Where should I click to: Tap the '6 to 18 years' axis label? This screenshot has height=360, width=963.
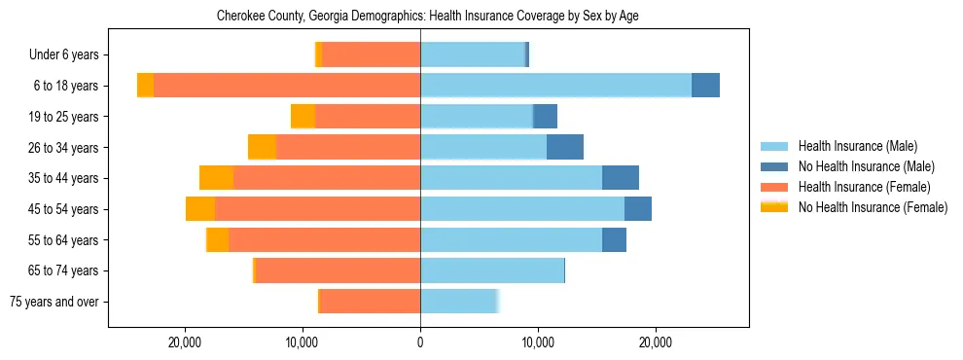[64, 86]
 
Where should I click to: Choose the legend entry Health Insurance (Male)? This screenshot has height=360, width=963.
[857, 147]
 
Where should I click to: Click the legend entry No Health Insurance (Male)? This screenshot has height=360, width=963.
[866, 166]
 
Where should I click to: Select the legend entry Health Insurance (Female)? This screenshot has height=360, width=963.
[864, 187]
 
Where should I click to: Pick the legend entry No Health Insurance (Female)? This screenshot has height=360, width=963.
[873, 206]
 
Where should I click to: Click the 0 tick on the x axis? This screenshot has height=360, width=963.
[420, 342]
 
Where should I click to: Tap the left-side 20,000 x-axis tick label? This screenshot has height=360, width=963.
[184, 342]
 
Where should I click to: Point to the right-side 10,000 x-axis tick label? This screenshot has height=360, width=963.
[538, 342]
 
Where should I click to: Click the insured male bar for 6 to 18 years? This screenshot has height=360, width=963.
[555, 86]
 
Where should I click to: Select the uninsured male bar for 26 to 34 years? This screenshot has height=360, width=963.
[565, 147]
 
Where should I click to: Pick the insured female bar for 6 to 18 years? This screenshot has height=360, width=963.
[287, 86]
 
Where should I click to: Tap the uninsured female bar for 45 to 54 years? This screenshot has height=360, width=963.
[200, 209]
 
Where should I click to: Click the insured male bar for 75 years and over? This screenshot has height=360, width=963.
[458, 302]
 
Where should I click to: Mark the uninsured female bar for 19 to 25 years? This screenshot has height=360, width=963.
[303, 117]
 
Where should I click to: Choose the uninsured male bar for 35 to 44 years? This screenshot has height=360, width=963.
[621, 178]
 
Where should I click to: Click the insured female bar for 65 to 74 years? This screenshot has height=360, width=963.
[338, 270]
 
